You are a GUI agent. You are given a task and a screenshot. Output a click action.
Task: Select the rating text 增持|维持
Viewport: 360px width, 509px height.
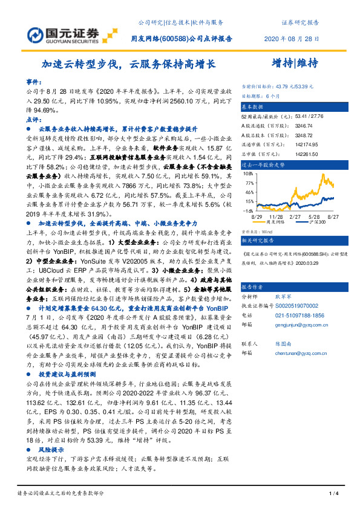pyautogui.click(x=292, y=62)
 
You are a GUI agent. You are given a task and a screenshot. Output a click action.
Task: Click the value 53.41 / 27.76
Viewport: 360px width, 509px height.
pyautogui.click(x=295, y=114)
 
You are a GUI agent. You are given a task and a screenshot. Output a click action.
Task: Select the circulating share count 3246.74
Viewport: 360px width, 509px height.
pyautogui.click(x=292, y=124)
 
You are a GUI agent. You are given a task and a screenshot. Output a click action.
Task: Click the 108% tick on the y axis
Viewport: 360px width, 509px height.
pyautogui.click(x=247, y=172)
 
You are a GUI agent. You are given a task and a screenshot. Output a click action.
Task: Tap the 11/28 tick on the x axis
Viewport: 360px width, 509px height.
pyautogui.click(x=276, y=216)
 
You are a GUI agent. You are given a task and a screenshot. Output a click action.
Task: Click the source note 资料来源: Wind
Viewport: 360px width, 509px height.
pyautogui.click(x=257, y=231)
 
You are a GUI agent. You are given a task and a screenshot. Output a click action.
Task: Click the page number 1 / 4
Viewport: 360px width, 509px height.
pyautogui.click(x=332, y=494)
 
